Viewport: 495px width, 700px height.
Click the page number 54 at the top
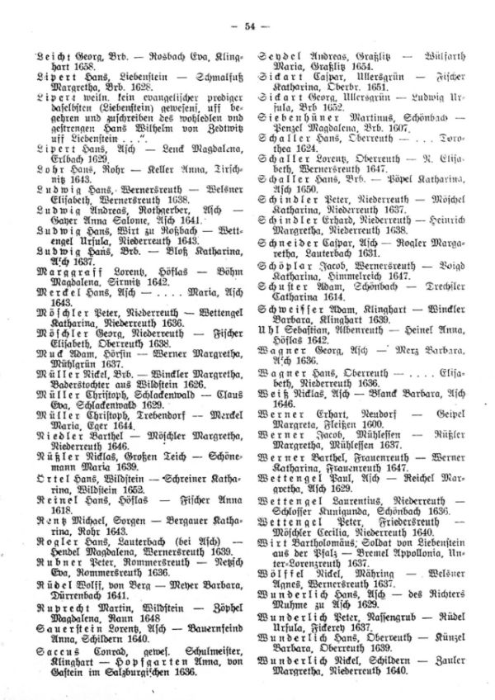tap(247, 27)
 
